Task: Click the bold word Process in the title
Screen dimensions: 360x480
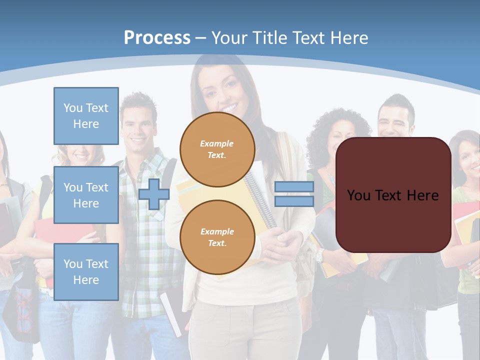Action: click(157, 38)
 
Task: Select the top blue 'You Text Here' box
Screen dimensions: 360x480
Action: click(86, 116)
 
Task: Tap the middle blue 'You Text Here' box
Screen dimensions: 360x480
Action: click(86, 195)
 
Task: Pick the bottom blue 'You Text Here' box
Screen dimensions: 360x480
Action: click(86, 272)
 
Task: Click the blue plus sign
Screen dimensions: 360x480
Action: click(153, 194)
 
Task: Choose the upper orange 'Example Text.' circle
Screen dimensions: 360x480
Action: click(217, 149)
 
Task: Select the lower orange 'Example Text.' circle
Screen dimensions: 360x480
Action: click(217, 237)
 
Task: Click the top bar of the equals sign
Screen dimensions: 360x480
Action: click(294, 187)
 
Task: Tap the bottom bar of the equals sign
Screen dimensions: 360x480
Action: click(294, 201)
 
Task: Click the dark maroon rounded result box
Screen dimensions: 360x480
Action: click(393, 195)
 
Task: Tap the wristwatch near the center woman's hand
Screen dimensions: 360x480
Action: click(318, 255)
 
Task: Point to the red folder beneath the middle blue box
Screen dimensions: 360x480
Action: click(60, 235)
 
